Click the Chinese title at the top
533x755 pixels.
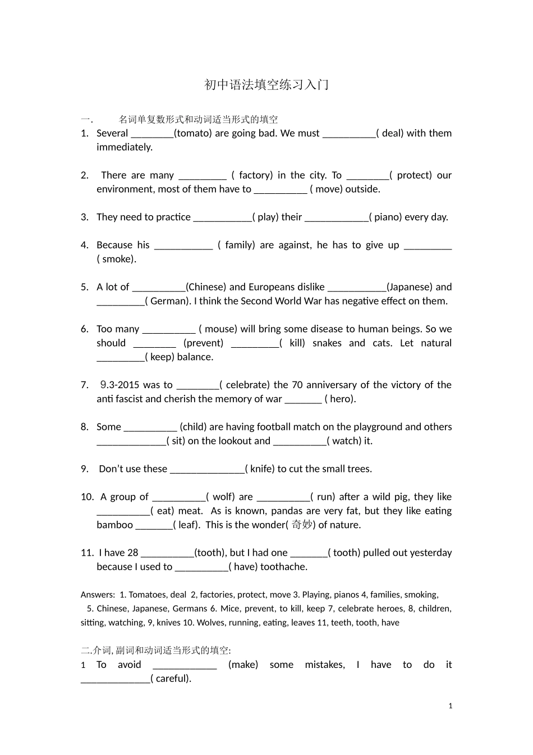266,85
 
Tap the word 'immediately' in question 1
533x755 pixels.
124,147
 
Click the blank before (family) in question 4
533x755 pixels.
183,245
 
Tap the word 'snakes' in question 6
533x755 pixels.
327,343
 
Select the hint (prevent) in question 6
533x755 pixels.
203,343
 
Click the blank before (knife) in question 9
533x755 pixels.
207,469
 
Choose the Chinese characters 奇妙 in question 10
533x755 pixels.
302,525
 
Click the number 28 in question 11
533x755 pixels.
132,553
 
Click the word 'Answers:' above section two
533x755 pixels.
98,595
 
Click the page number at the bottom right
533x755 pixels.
451,706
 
